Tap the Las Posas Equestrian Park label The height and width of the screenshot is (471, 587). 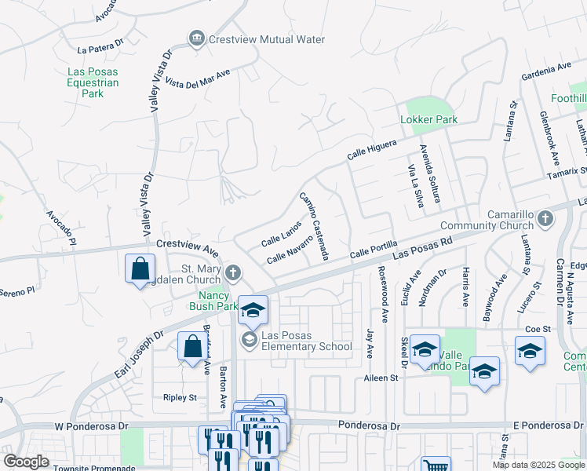(x=93, y=82)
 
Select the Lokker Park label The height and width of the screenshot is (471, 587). (x=428, y=120)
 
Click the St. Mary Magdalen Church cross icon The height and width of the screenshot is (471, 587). (x=232, y=273)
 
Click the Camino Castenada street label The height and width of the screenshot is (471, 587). (x=313, y=227)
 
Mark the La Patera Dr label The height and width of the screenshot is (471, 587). (x=101, y=49)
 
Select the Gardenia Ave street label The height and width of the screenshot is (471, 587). (x=547, y=71)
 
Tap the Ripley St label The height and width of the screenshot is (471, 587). (x=180, y=398)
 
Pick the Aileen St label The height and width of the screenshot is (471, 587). (x=381, y=378)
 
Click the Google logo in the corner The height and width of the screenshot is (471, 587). (x=26, y=462)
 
